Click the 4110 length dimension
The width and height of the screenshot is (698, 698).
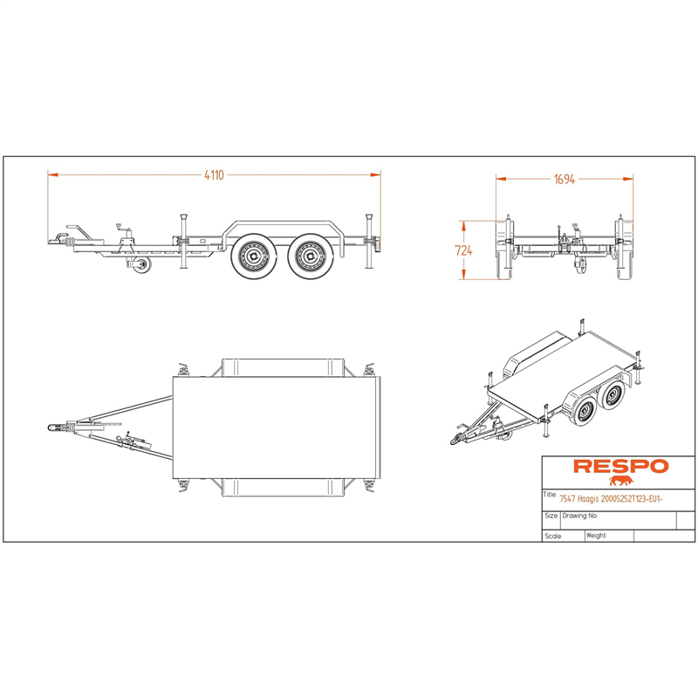(x=214, y=175)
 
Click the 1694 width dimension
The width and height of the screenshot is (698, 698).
(x=565, y=180)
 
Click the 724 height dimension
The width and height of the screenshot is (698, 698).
(x=463, y=250)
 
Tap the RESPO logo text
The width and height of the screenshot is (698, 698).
(x=621, y=466)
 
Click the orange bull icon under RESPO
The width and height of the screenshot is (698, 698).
(x=621, y=481)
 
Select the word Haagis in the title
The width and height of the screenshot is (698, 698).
(x=587, y=499)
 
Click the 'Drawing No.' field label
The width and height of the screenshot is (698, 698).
(x=579, y=516)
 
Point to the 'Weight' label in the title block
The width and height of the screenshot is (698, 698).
(x=596, y=536)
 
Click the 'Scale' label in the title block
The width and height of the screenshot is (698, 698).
(x=553, y=536)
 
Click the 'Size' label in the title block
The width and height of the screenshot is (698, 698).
(x=551, y=516)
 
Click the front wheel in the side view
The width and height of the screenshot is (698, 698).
(x=254, y=257)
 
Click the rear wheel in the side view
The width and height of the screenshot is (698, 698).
(x=311, y=257)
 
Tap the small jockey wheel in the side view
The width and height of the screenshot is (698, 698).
(x=143, y=264)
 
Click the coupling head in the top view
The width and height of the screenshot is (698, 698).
(x=54, y=428)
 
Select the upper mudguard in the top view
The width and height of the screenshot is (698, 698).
(x=283, y=367)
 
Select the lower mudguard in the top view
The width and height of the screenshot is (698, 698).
(x=283, y=488)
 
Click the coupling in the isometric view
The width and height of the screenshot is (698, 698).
(x=457, y=439)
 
